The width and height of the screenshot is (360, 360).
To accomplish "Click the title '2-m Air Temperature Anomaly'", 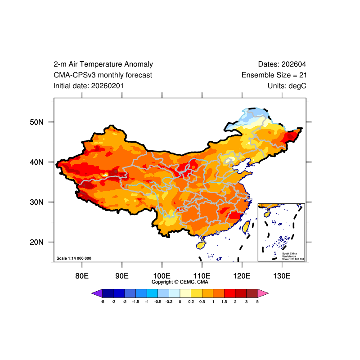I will click(x=103, y=64).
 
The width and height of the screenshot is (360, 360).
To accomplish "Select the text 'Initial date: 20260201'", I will click(x=89, y=85).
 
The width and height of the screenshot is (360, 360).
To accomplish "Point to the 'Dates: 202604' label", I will click(x=282, y=64).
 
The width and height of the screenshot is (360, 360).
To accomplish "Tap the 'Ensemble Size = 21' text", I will click(x=274, y=75).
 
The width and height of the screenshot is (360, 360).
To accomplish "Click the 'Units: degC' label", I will click(x=287, y=85).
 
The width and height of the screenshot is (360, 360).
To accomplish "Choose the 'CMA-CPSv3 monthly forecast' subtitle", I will click(x=103, y=75).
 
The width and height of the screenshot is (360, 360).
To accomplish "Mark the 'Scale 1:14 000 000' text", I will click(x=74, y=258).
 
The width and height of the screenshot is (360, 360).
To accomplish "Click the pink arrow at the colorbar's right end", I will click(x=263, y=293).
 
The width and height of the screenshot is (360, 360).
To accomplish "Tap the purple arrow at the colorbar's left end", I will click(x=97, y=293).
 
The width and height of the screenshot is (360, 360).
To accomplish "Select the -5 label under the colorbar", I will click(x=103, y=301).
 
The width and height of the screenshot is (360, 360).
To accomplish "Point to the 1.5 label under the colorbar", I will click(x=224, y=301).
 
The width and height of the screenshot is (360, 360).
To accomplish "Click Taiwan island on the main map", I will click(x=246, y=226).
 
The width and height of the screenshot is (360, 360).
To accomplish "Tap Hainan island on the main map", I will click(x=201, y=245).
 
